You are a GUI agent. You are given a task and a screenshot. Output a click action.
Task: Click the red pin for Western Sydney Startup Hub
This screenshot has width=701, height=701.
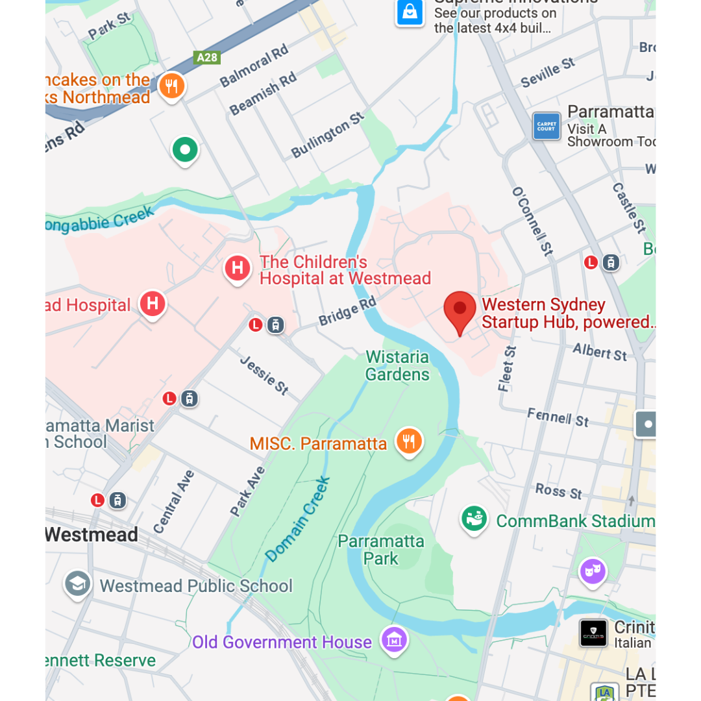[460, 310]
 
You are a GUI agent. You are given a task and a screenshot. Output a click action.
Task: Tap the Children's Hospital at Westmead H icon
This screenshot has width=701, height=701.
[238, 267]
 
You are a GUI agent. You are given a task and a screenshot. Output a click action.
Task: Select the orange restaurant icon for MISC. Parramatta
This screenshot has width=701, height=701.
[409, 441]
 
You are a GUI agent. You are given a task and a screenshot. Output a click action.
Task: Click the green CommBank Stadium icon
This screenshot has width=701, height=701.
[474, 519]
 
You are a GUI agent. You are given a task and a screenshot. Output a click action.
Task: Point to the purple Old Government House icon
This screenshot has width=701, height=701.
[394, 640]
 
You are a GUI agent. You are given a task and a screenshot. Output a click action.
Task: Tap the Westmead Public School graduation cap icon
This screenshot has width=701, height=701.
[77, 584]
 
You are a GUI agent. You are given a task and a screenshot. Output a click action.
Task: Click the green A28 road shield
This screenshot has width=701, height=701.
[207, 58]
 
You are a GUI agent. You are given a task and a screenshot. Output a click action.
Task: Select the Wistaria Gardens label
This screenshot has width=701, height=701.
[397, 365]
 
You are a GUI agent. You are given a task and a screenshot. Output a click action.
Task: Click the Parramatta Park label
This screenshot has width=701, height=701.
[381, 550]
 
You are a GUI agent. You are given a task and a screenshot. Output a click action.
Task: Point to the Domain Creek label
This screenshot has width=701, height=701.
[299, 519]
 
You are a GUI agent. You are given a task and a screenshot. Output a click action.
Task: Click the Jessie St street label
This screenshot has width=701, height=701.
[264, 375]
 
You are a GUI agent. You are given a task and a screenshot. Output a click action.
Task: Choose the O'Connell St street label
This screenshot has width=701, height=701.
[532, 221]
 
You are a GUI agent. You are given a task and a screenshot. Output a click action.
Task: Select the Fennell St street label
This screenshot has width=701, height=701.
[558, 417]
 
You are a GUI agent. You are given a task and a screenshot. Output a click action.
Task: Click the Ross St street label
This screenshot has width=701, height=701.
[559, 491]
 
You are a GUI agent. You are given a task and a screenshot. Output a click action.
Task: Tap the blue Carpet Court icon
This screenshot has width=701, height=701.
[546, 126]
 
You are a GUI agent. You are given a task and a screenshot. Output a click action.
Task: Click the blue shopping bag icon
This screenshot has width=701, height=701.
[410, 12]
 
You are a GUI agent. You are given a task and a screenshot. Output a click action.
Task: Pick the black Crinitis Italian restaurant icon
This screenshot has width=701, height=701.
[593, 633]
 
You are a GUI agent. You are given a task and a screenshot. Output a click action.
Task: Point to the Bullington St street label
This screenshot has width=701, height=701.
[328, 134]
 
